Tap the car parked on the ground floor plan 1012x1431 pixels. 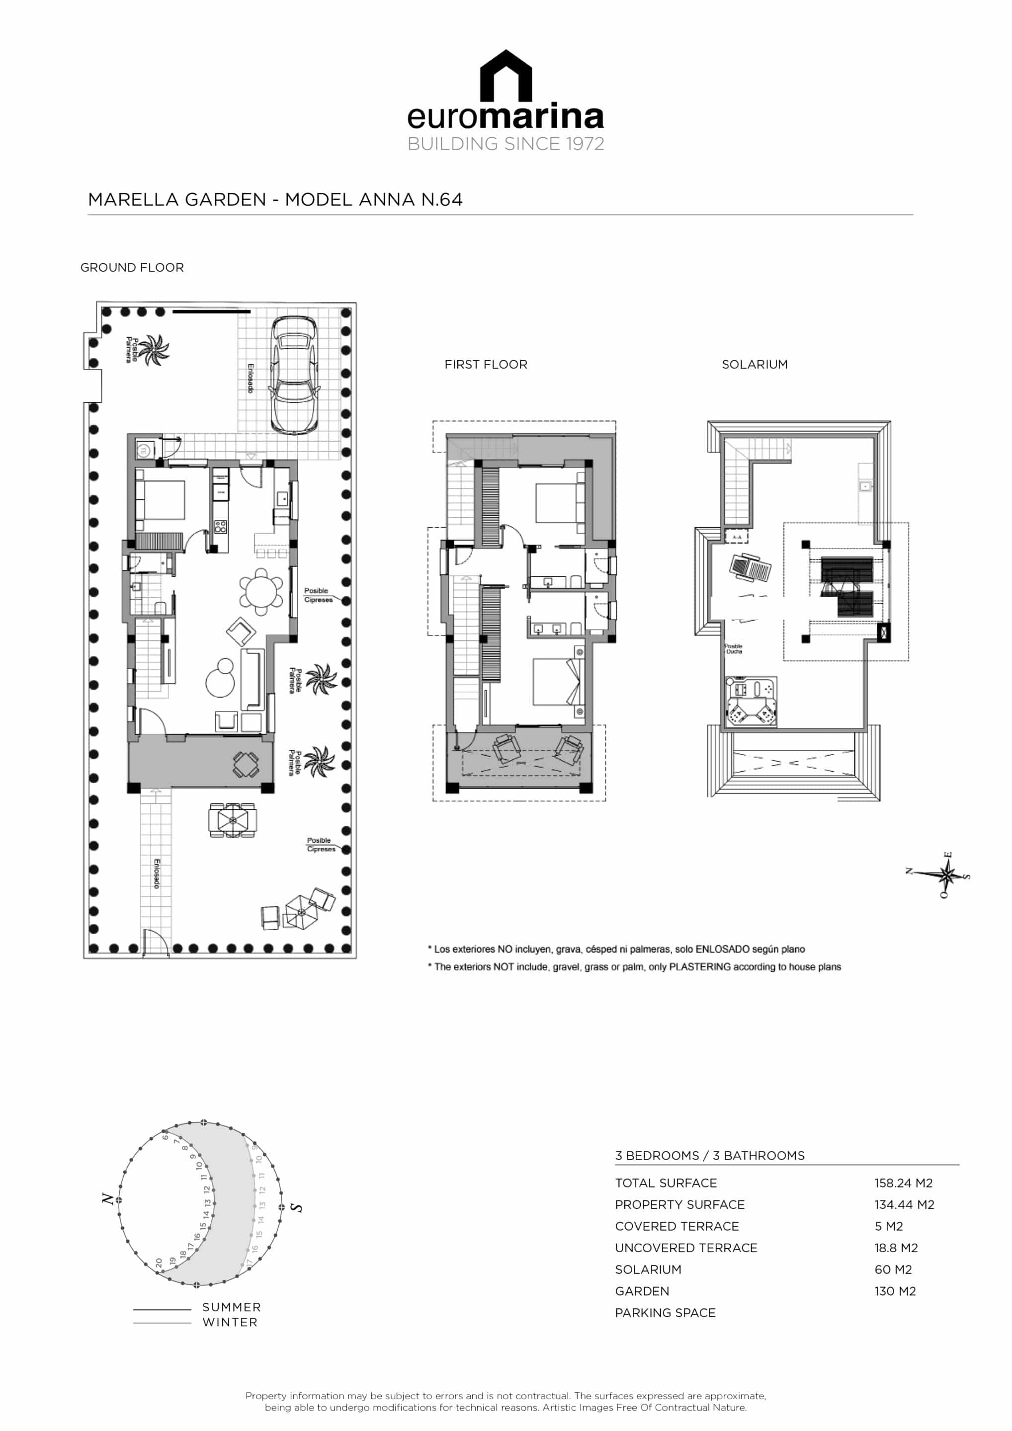[x=294, y=375]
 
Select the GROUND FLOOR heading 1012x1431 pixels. [x=132, y=267]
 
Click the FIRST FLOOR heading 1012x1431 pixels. [x=486, y=365]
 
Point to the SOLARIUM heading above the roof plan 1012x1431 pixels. [x=755, y=365]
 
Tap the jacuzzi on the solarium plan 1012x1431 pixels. [x=752, y=701]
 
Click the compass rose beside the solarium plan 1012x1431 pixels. [x=946, y=874]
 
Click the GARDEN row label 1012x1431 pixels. [x=642, y=1291]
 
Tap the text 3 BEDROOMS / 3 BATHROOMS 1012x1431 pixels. [x=710, y=1156]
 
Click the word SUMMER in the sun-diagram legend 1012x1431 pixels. [x=231, y=1307]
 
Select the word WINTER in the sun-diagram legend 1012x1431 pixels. [x=230, y=1322]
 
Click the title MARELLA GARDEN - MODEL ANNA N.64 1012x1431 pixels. [x=275, y=199]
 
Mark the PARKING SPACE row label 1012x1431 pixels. [x=666, y=1313]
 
